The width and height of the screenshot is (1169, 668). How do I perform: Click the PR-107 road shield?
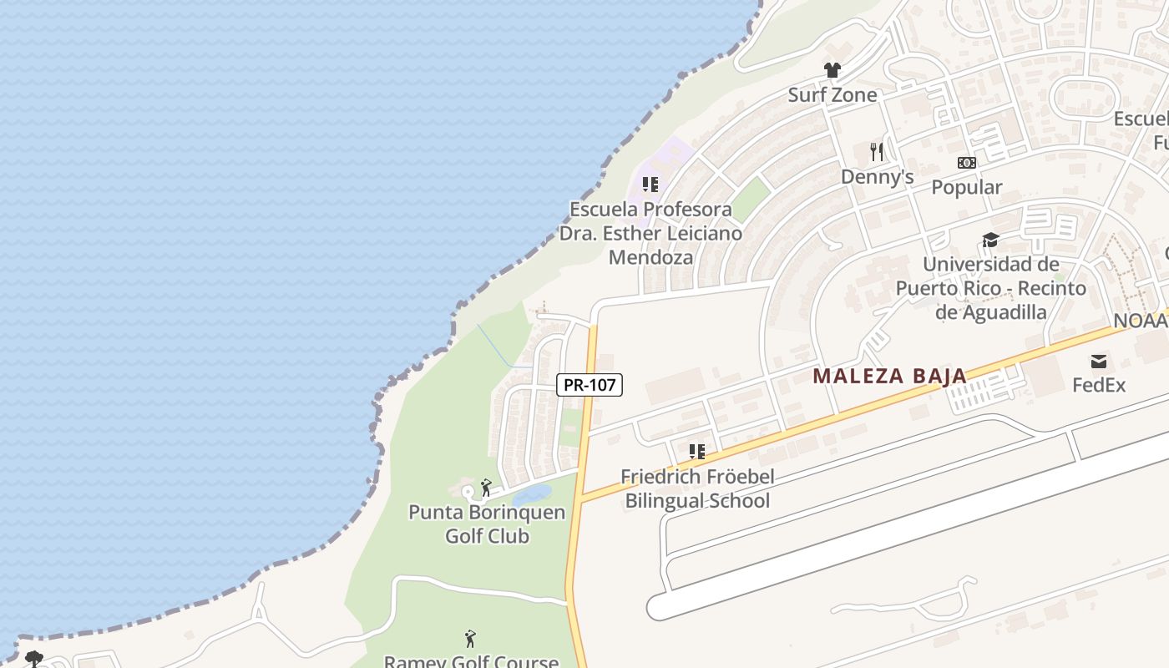[590, 385]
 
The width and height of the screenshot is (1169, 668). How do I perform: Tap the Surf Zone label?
[832, 95]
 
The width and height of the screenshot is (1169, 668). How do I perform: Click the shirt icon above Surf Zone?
[832, 70]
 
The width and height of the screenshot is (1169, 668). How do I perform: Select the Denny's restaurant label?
[877, 177]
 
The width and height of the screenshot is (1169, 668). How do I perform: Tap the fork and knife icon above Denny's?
[877, 151]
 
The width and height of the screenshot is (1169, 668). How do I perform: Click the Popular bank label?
[966, 187]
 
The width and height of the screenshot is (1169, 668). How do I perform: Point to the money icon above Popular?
[966, 163]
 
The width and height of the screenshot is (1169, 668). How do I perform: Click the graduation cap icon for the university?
[990, 240]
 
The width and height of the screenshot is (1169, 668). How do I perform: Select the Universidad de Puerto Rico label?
[990, 288]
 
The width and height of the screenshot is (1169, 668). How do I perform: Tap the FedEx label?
[1099, 385]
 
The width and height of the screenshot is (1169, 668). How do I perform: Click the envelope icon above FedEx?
[1099, 362]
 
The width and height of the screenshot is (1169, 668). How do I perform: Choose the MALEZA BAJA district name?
[890, 376]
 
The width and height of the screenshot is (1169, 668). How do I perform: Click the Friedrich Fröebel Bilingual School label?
[697, 488]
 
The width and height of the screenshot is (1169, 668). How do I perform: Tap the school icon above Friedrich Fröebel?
[697, 452]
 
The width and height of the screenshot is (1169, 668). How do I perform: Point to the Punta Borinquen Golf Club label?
[487, 524]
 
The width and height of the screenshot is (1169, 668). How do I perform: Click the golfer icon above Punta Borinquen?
[486, 487]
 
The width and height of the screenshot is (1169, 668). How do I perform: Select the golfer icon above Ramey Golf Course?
[470, 639]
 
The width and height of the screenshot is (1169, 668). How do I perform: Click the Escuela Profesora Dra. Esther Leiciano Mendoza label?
[650, 233]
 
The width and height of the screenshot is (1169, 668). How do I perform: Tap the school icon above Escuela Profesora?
[650, 185]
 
